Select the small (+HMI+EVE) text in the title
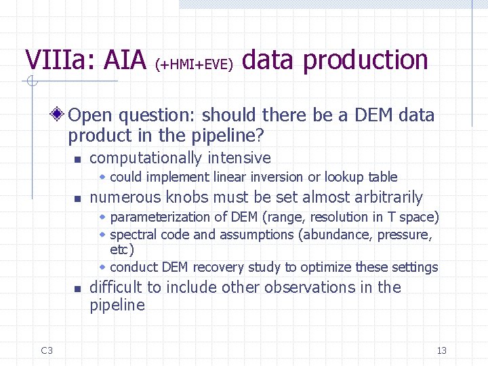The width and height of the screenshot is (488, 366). tap(194, 64)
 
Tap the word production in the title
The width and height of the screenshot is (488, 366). tap(365, 60)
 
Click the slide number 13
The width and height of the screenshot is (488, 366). tap(442, 350)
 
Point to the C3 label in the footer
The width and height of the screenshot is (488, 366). tap(47, 350)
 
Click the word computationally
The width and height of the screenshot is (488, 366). tap(145, 159)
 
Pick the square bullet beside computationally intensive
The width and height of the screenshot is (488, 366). tap(78, 160)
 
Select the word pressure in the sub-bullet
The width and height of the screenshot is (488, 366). tap(405, 235)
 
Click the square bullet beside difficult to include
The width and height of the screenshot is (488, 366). tap(78, 289)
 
